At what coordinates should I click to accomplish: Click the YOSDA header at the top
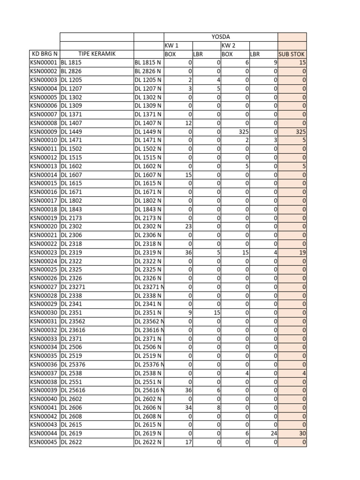pyautogui.click(x=221, y=37)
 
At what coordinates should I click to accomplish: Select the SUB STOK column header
pyautogui.click(x=292, y=54)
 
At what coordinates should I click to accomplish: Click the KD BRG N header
pyautogui.click(x=44, y=54)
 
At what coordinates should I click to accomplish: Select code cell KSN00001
pyautogui.click(x=44, y=63)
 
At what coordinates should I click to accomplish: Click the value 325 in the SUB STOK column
pyautogui.click(x=300, y=132)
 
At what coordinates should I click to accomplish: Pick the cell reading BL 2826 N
pyautogui.click(x=148, y=71)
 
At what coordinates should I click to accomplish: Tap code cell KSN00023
pyautogui.click(x=44, y=252)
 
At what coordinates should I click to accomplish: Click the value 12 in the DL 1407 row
pyautogui.click(x=188, y=123)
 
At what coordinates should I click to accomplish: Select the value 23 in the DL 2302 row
pyautogui.click(x=188, y=226)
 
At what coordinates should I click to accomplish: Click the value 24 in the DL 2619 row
pyautogui.click(x=273, y=433)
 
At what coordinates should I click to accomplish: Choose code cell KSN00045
pyautogui.click(x=44, y=442)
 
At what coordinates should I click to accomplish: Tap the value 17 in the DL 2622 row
pyautogui.click(x=188, y=442)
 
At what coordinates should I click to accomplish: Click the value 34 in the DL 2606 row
pyautogui.click(x=188, y=407)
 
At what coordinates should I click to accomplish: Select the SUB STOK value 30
pyautogui.click(x=302, y=433)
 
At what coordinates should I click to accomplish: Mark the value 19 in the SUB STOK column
pyautogui.click(x=302, y=252)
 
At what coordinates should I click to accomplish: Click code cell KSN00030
pyautogui.click(x=44, y=313)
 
